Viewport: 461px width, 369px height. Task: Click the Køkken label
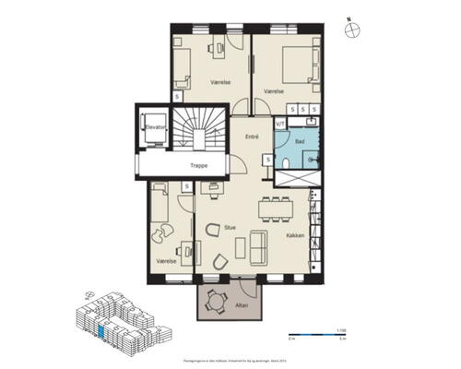coord(295,235)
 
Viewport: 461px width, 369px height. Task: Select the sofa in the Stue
coord(256,247)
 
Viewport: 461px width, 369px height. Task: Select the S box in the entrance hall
coord(267,160)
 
